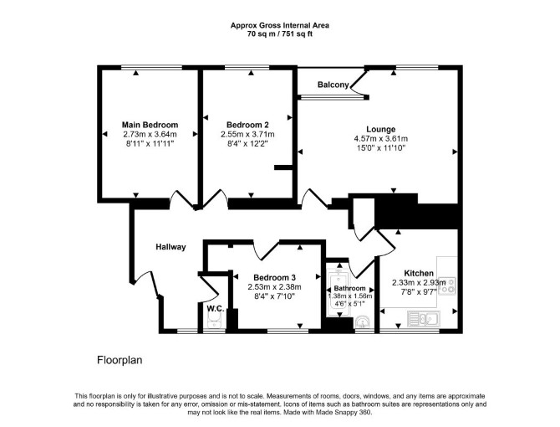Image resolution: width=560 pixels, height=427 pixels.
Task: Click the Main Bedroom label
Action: tap(150, 125)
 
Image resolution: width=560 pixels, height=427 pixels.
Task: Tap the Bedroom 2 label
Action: tap(247, 125)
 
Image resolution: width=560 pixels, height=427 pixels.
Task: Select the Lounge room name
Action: tap(380, 129)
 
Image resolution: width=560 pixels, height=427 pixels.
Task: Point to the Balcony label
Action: tap(333, 85)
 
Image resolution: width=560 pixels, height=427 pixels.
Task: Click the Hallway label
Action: tap(171, 247)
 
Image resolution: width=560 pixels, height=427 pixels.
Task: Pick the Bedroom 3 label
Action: tap(274, 277)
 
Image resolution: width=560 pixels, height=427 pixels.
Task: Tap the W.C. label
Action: tap(216, 308)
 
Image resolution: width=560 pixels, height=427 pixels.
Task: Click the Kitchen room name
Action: tap(419, 273)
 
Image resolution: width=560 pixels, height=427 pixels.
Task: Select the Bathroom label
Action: tap(349, 288)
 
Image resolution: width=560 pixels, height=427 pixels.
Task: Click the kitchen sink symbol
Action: tap(424, 318)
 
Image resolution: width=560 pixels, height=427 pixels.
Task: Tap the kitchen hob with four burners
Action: tap(447, 286)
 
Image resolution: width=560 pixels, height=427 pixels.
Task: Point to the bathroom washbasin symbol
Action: tap(363, 322)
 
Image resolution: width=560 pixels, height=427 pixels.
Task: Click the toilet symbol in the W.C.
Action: tap(215, 321)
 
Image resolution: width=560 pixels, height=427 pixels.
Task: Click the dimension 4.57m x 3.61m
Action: tap(380, 138)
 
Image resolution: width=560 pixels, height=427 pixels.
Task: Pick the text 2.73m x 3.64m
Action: tap(150, 134)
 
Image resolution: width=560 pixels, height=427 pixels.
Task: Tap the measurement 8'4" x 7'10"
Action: tap(274, 296)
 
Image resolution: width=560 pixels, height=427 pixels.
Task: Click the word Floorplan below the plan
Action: tap(120, 360)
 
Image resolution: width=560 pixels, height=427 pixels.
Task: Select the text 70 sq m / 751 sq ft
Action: tap(280, 34)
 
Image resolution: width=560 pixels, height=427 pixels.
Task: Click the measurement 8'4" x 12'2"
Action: tap(247, 143)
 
